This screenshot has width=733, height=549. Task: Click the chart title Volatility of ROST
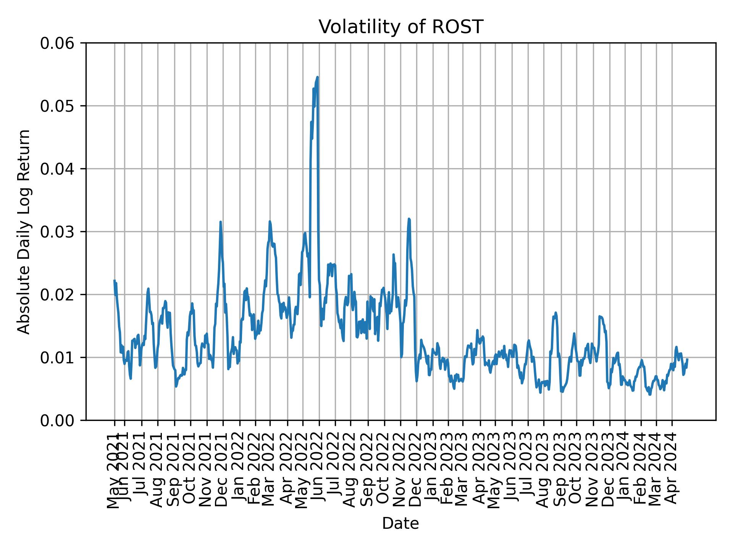pyautogui.click(x=400, y=27)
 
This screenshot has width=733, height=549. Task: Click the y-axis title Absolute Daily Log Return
pyautogui.click(x=24, y=231)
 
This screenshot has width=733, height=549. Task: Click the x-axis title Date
pyautogui.click(x=400, y=523)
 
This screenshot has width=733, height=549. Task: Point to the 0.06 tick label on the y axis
pyautogui.click(x=57, y=43)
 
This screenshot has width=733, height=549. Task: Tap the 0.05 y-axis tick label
pyautogui.click(x=57, y=106)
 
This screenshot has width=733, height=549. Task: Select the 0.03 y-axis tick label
pyautogui.click(x=57, y=232)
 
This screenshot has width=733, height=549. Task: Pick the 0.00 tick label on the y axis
pyautogui.click(x=57, y=421)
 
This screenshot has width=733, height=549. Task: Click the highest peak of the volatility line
pyautogui.click(x=317, y=77)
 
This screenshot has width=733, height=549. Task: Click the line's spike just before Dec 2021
pyautogui.click(x=220, y=222)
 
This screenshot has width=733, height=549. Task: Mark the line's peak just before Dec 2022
pyautogui.click(x=409, y=219)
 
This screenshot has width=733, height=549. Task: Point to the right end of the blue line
pyautogui.click(x=687, y=359)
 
